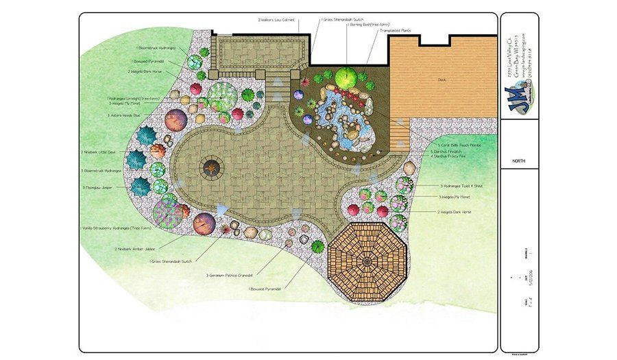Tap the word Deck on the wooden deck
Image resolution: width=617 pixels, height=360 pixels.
point(442,80)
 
